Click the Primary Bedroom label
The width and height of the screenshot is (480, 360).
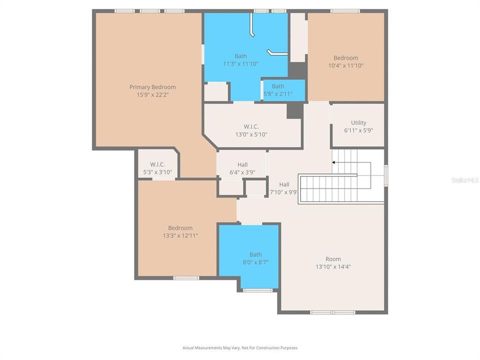(152, 87)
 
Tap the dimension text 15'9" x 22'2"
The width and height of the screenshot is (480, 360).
(152, 94)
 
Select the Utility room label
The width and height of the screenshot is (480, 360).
(358, 122)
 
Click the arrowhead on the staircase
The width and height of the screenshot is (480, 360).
(334, 162)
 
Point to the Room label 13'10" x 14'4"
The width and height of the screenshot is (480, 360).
(333, 259)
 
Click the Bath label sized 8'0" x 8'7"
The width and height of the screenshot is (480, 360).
(255, 254)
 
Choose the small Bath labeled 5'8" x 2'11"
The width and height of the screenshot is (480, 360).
(277, 86)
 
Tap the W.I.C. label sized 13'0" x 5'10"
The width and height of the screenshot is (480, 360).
(251, 126)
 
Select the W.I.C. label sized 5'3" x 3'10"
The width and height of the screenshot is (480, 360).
(157, 164)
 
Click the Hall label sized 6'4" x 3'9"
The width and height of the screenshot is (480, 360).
(242, 164)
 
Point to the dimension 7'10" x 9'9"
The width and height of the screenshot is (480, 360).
(284, 192)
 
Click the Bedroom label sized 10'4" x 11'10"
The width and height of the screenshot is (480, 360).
(346, 58)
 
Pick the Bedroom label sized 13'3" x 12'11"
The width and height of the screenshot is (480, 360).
(180, 228)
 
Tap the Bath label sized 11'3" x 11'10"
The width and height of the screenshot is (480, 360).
(240, 56)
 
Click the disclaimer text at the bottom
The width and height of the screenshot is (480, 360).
(240, 347)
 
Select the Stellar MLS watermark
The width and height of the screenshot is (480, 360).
(464, 179)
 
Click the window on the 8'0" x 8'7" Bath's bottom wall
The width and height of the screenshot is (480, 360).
(257, 290)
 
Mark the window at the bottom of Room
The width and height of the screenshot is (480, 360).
(332, 312)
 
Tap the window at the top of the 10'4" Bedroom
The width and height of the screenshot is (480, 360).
(345, 10)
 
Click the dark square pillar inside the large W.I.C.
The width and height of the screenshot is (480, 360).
(293, 111)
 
